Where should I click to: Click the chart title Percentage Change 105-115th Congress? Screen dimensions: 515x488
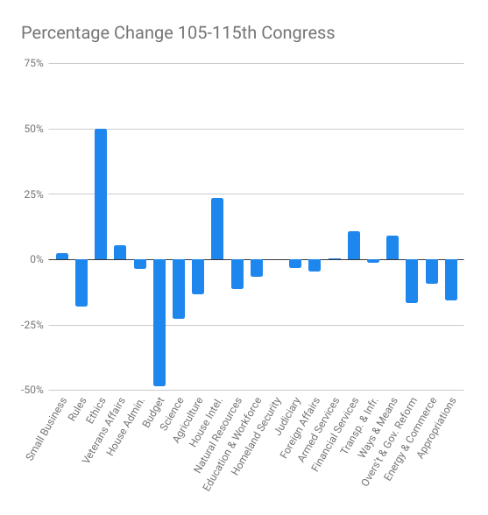coord(178,33)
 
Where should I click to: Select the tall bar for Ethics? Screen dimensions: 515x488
coord(101,194)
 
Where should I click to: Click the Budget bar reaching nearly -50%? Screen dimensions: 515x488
coord(159,322)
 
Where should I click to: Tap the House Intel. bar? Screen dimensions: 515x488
coord(217,229)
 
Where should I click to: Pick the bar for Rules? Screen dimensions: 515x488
coord(81,282)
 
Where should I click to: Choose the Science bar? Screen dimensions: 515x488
coord(179,288)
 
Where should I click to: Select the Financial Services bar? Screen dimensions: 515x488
coord(354,245)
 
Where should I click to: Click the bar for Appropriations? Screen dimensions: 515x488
coord(451,279)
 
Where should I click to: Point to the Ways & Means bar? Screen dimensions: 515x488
coord(393,248)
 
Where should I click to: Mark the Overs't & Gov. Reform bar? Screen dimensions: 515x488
coord(412,280)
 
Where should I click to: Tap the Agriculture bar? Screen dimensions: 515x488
coord(198,276)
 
